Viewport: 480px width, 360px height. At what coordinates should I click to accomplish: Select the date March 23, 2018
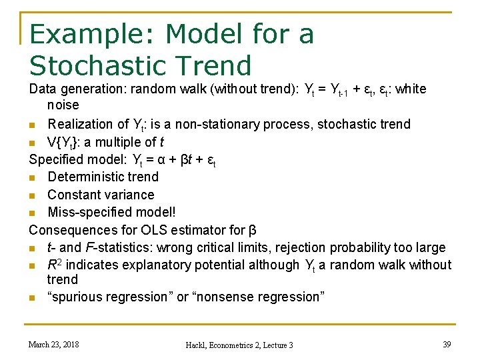pyautogui.click(x=53, y=344)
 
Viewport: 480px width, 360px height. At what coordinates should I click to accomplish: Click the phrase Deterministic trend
pyautogui.click(x=103, y=177)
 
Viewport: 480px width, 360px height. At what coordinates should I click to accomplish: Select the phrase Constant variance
pyautogui.click(x=101, y=195)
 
